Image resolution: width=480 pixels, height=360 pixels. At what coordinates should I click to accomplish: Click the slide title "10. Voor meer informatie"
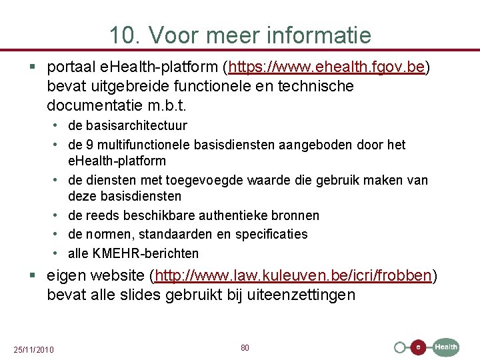(x=240, y=34)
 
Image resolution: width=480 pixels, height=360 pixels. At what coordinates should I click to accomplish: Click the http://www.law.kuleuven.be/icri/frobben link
(x=294, y=275)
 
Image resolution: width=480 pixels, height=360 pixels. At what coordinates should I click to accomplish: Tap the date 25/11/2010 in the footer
(x=34, y=350)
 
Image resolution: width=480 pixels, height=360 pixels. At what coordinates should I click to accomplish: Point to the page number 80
(x=245, y=348)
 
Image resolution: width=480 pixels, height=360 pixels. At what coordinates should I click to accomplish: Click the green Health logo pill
(x=446, y=347)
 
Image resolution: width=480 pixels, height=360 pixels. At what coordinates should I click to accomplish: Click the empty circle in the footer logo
(x=400, y=347)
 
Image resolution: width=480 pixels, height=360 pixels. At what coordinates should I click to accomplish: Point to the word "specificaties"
(x=273, y=234)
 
